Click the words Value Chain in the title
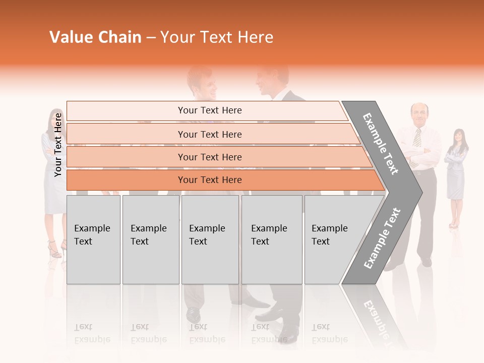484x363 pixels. [x=95, y=37]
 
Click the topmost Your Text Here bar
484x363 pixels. [x=209, y=110]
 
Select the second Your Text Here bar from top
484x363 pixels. [x=209, y=134]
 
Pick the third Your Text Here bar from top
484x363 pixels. [x=209, y=157]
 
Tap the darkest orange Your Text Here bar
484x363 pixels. [x=209, y=180]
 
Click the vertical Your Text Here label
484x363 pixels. [x=58, y=145]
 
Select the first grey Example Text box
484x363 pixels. [x=93, y=239]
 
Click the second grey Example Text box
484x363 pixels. [x=150, y=239]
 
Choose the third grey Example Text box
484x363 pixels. [x=210, y=239]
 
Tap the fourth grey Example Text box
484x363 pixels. [x=272, y=239]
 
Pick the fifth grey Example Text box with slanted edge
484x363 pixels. [x=333, y=239]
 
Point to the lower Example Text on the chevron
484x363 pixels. [x=382, y=238]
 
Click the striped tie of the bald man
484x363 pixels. [x=417, y=137]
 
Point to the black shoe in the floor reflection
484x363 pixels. [x=193, y=315]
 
